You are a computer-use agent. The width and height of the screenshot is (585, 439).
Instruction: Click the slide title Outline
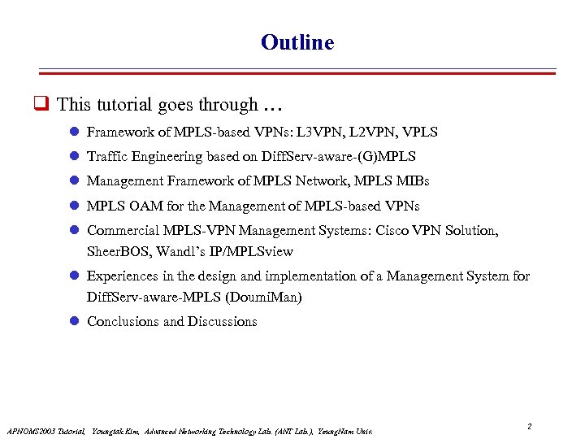pyautogui.click(x=297, y=42)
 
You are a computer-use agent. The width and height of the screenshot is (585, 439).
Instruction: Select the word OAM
pyautogui.click(x=145, y=206)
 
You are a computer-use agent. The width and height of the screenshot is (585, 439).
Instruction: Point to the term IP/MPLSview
pyautogui.click(x=254, y=251)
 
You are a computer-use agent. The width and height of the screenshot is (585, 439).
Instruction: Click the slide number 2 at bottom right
pyautogui.click(x=529, y=426)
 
